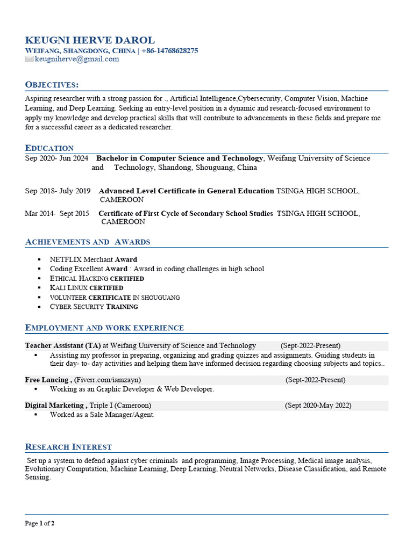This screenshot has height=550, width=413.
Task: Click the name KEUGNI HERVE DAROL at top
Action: pos(90,40)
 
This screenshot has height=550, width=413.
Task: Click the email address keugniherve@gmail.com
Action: pos(77,59)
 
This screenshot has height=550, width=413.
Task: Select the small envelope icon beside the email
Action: pos(29,59)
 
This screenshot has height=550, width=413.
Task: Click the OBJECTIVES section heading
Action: pos(52,85)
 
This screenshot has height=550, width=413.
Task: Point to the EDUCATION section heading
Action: pos(49,148)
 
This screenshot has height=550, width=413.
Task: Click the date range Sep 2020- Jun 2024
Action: pos(56,158)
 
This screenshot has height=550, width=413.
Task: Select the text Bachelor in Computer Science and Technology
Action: pos(180,158)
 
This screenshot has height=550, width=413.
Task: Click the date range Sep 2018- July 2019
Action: pos(58,191)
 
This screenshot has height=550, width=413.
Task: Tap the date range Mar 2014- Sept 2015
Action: pos(57,213)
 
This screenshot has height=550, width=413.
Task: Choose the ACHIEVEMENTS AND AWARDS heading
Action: pos(88,242)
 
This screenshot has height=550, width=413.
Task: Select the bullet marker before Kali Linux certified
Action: pos(40,288)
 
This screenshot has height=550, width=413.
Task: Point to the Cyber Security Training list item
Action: pos(94,307)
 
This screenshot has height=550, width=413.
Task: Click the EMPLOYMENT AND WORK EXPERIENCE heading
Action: pos(104,328)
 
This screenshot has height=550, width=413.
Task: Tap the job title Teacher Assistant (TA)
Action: pos(62,345)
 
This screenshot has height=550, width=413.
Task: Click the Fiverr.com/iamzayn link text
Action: pos(108,380)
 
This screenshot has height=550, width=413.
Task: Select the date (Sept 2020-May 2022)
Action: pos(318,406)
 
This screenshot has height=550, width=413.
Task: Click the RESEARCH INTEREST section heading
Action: pos(68,447)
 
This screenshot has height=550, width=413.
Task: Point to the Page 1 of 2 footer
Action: pos(40,523)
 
